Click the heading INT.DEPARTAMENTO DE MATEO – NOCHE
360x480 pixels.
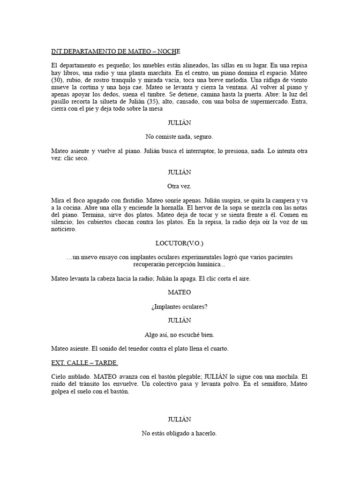point(115,51)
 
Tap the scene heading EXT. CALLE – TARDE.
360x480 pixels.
point(84,363)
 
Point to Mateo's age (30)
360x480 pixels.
point(58,81)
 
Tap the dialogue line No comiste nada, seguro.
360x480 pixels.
point(179,137)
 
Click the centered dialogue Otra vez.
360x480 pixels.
point(179,186)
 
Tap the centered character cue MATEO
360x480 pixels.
point(179,292)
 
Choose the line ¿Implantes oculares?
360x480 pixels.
point(179,307)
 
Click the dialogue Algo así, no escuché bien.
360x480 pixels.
point(179,335)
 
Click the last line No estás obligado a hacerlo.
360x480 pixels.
point(179,434)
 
